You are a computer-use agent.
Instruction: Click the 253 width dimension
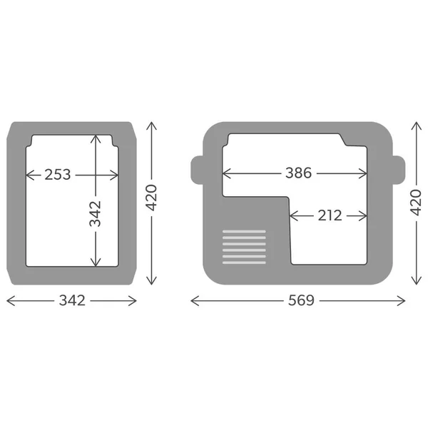point(58,175)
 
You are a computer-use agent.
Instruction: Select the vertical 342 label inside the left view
point(96,214)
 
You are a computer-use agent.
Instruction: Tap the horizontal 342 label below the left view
point(72,300)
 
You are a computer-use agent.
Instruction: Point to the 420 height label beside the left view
point(151,198)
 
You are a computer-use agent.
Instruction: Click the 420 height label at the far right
point(416,203)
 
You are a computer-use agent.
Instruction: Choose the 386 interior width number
point(298,173)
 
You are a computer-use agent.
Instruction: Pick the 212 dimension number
point(330,215)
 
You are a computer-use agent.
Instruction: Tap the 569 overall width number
point(301,300)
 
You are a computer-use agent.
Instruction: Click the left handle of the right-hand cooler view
point(197,170)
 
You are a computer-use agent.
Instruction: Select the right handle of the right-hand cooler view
point(399,170)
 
